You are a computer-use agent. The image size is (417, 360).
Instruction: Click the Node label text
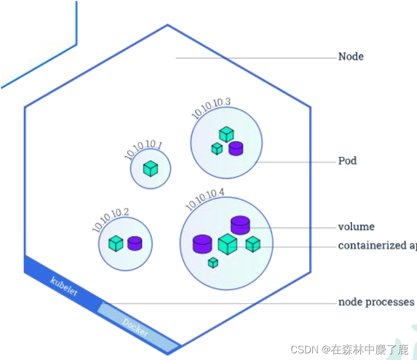pyautogui.click(x=351, y=57)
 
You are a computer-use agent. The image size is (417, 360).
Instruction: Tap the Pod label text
pyautogui.click(x=347, y=161)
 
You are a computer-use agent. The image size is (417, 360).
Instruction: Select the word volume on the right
pyautogui.click(x=356, y=227)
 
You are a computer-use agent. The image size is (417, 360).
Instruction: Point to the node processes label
pyautogui.click(x=376, y=302)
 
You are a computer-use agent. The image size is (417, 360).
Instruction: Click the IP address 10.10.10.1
pyautogui.click(x=144, y=151)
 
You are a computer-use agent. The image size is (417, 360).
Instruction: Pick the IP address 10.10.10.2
pyautogui.click(x=111, y=220)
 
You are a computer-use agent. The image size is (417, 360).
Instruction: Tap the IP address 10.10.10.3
pyautogui.click(x=211, y=108)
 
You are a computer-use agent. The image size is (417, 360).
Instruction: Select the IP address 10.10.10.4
pyautogui.click(x=205, y=200)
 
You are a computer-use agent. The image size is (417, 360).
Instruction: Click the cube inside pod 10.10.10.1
pyautogui.click(x=150, y=169)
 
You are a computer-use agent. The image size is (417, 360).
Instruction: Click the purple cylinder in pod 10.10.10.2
pyautogui.click(x=135, y=243)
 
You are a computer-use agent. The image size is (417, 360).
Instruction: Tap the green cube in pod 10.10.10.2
pyautogui.click(x=115, y=243)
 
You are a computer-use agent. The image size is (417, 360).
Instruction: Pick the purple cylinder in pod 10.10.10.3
pyautogui.click(x=236, y=148)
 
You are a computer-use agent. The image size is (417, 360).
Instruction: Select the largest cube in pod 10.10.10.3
pyautogui.click(x=226, y=134)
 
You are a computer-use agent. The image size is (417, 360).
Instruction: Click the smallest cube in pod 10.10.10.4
pyautogui.click(x=213, y=263)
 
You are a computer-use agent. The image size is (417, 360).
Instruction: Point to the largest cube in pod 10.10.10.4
pyautogui.click(x=227, y=244)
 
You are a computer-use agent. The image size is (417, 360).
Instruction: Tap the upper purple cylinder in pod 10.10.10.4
pyautogui.click(x=240, y=225)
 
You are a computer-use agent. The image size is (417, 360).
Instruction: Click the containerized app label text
pyautogui.click(x=377, y=246)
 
